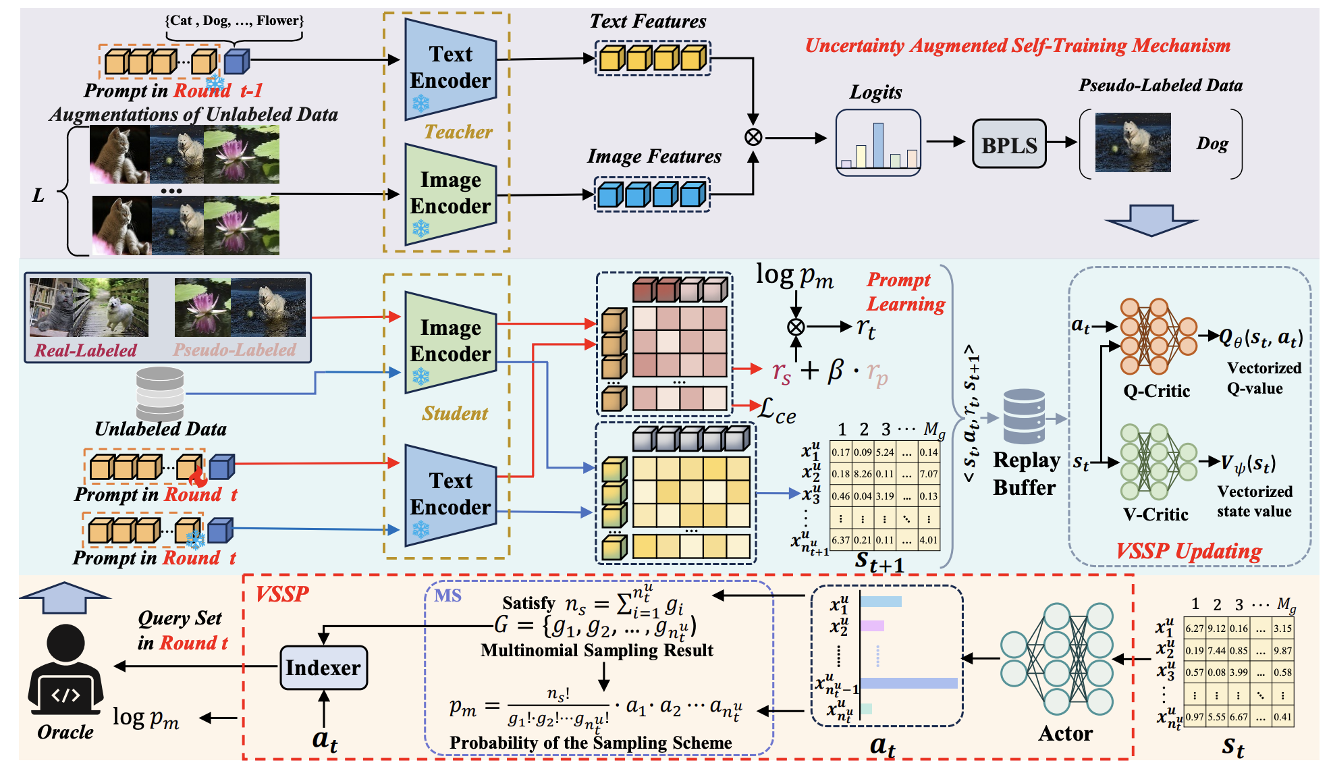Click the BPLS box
pos(1009,144)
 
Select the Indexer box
pos(323,668)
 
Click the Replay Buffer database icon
pos(1024,416)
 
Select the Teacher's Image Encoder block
pos(450,194)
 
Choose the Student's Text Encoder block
pos(450,494)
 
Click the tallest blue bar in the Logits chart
pos(877,145)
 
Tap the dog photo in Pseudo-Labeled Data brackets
pos(1133,142)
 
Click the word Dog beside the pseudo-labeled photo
pos(1212,144)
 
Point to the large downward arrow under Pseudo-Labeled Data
pos(1151,221)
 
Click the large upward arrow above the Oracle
pos(65,597)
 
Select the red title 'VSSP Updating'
pos(1189,551)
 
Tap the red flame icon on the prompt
pos(198,476)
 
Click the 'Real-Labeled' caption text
pos(86,350)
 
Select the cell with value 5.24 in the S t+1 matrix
pos(884,452)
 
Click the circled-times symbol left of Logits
pos(753,137)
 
